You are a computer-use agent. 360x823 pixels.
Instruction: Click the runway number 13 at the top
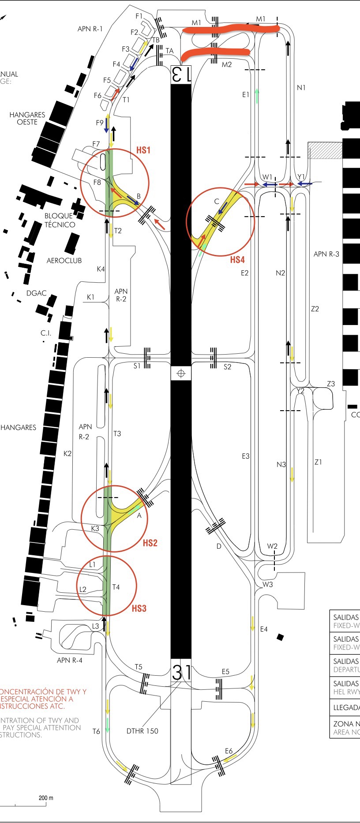[181, 74]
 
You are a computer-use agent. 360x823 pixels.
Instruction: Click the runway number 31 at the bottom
[181, 672]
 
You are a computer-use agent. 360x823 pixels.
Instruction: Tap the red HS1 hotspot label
[143, 150]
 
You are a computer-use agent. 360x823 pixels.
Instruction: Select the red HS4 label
[237, 260]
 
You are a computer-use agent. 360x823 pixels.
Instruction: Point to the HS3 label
[139, 608]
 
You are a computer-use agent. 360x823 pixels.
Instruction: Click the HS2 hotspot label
[150, 543]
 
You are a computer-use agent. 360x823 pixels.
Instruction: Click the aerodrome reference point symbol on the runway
[180, 374]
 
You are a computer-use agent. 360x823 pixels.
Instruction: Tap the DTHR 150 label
[142, 731]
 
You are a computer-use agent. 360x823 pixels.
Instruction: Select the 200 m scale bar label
[46, 798]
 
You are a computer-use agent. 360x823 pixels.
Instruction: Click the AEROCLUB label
[64, 261]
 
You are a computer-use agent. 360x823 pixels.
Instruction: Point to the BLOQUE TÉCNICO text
[60, 220]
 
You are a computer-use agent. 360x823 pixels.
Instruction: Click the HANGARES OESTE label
[27, 118]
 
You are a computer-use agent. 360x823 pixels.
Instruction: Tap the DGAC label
[36, 293]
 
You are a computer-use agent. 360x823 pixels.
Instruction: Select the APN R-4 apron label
[69, 660]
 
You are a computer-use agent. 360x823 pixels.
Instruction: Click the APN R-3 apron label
[326, 254]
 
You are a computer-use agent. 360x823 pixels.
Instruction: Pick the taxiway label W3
[268, 584]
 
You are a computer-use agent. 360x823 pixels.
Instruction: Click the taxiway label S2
[227, 367]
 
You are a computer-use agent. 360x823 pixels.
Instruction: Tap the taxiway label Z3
[331, 384]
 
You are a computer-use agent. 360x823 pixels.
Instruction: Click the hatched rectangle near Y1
[325, 150]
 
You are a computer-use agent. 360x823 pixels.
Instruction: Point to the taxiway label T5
[139, 667]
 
